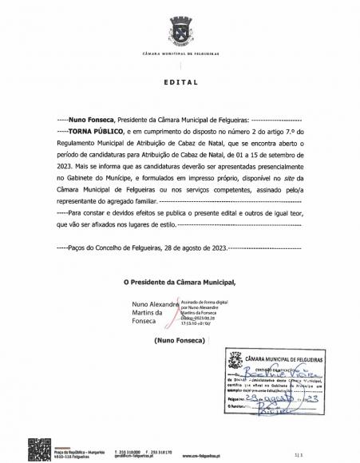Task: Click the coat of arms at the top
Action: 180,34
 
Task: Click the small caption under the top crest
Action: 180,53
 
